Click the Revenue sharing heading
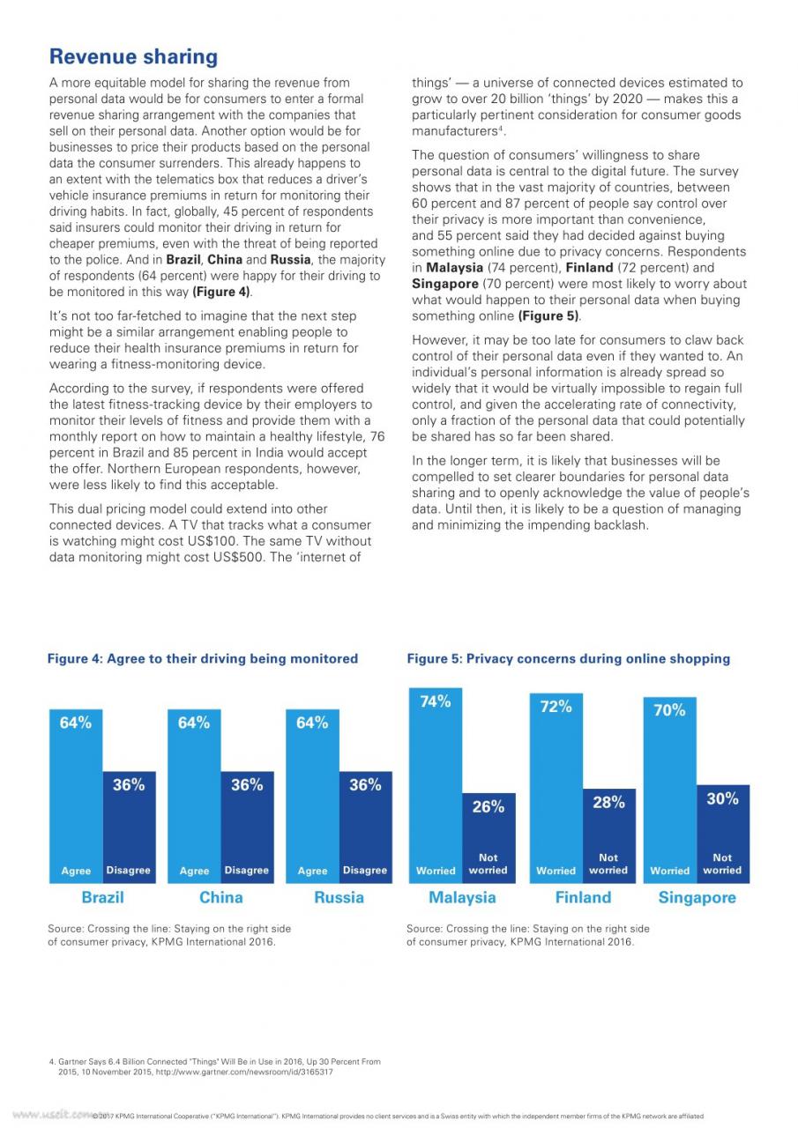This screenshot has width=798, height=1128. click(133, 56)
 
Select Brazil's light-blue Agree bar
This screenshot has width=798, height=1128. click(76, 796)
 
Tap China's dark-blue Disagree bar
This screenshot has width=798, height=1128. click(248, 827)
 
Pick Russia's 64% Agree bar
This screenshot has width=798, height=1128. click(312, 796)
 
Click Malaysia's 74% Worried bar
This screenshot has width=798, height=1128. click(436, 785)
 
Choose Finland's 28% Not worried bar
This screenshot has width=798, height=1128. click(609, 836)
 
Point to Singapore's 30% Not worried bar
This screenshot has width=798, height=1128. click(723, 834)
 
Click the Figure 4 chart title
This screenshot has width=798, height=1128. click(203, 658)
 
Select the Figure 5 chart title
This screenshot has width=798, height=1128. click(568, 658)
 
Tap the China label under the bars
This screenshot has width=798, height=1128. click(221, 897)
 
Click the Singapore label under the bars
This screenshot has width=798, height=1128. click(697, 898)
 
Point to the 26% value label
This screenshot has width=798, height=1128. click(488, 806)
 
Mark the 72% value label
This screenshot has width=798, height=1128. click(556, 707)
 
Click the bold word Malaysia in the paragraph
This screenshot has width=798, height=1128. click(454, 267)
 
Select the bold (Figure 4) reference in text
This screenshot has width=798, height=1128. click(221, 292)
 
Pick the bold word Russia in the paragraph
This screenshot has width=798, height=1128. click(291, 259)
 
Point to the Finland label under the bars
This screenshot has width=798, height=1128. click(584, 897)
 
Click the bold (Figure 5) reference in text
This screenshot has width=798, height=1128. click(549, 315)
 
